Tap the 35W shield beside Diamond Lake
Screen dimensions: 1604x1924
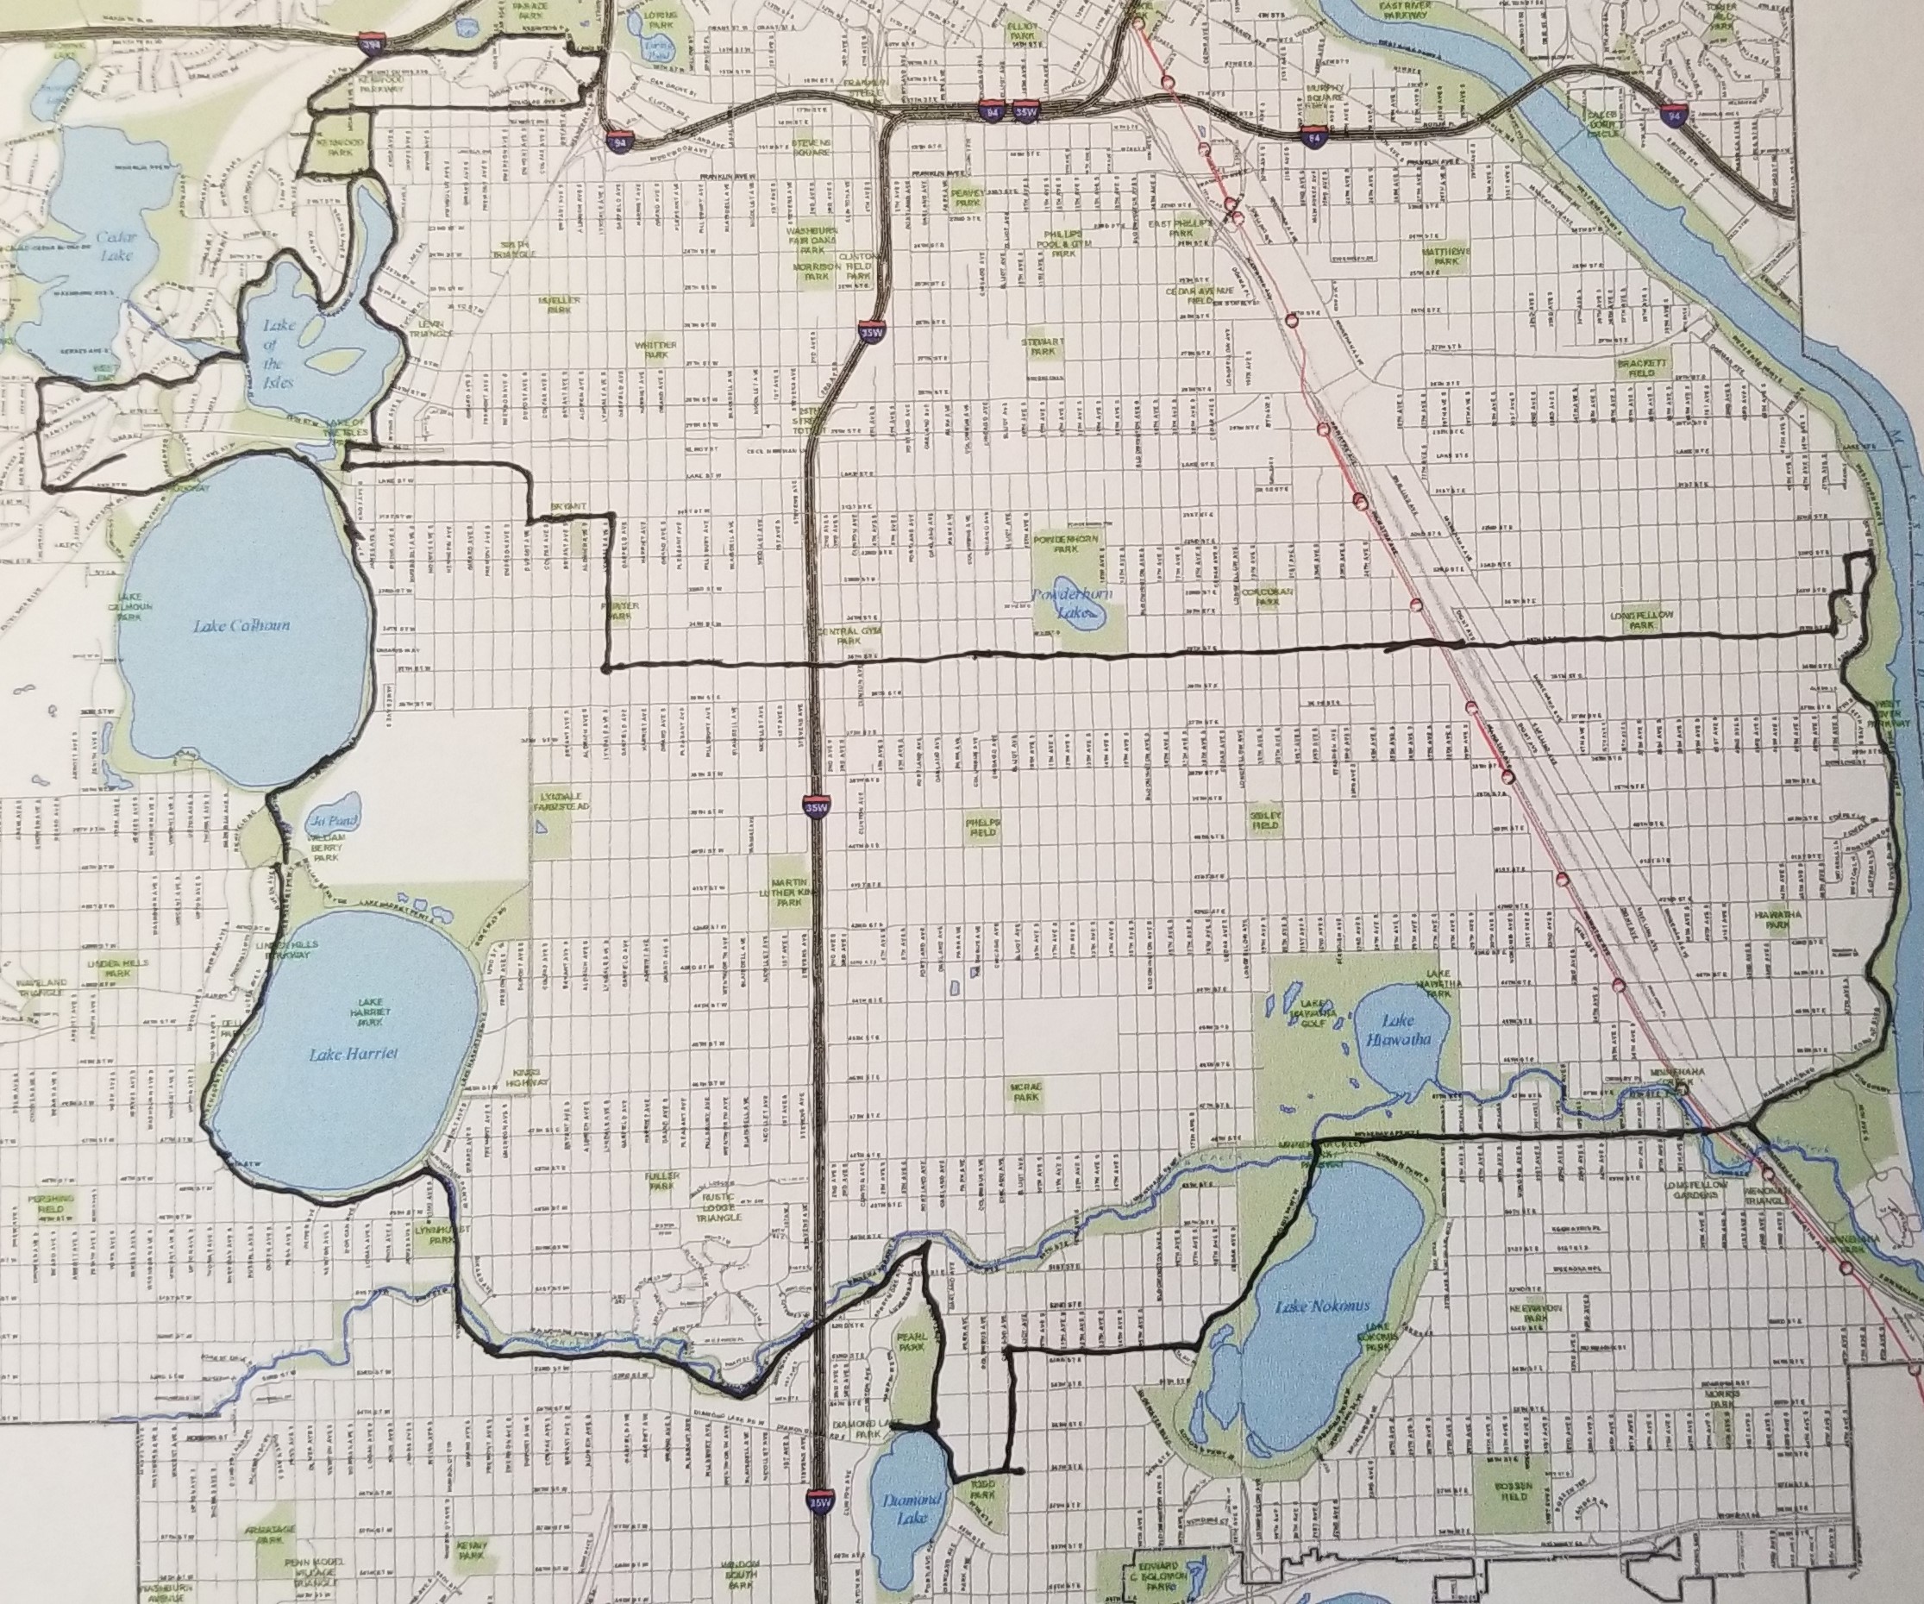click(819, 1501)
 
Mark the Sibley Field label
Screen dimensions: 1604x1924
click(1265, 819)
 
